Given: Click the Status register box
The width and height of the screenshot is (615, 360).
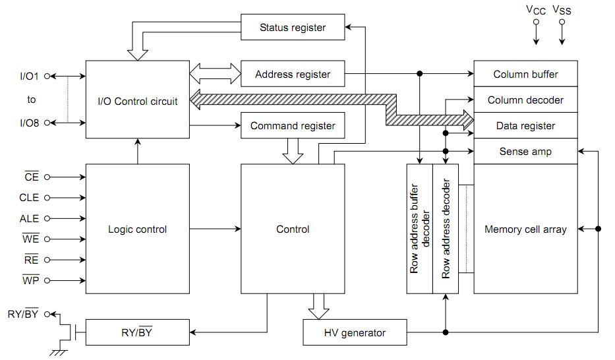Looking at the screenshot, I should [293, 28].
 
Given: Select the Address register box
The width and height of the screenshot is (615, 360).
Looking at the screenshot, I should [293, 75].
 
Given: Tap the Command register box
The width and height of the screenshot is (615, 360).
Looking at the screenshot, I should [293, 126].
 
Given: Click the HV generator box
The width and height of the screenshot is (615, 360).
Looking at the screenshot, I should [354, 332].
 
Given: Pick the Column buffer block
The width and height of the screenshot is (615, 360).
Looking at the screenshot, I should [525, 74].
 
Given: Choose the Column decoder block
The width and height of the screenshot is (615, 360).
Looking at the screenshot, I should [525, 100].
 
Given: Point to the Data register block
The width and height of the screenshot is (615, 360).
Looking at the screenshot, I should [525, 126].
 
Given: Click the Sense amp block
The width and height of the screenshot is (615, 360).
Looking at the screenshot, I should [525, 152].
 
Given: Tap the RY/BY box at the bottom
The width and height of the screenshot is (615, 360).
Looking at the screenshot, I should [137, 332].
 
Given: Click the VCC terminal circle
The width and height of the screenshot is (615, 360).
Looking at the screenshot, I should [536, 22].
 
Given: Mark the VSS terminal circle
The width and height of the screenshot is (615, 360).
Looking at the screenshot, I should [562, 22].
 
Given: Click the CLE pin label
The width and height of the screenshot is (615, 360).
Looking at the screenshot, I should [29, 198].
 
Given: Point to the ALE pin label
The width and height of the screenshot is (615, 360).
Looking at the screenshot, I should [29, 218].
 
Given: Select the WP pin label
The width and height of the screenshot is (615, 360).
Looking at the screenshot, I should [30, 280].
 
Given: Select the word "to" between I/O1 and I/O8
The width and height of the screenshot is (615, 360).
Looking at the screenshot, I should [32, 100].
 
